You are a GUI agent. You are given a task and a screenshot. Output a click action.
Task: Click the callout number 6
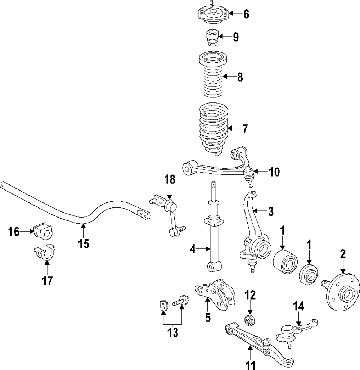pos(246,14)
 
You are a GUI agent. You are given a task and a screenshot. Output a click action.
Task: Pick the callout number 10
pos(274,172)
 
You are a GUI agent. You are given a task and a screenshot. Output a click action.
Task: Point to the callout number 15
pos(84,243)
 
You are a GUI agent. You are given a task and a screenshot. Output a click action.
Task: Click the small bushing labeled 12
pos(250,321)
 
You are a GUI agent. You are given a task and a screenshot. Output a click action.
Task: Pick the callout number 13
pos(173,333)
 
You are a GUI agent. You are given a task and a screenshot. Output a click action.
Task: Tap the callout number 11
pos(251,365)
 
